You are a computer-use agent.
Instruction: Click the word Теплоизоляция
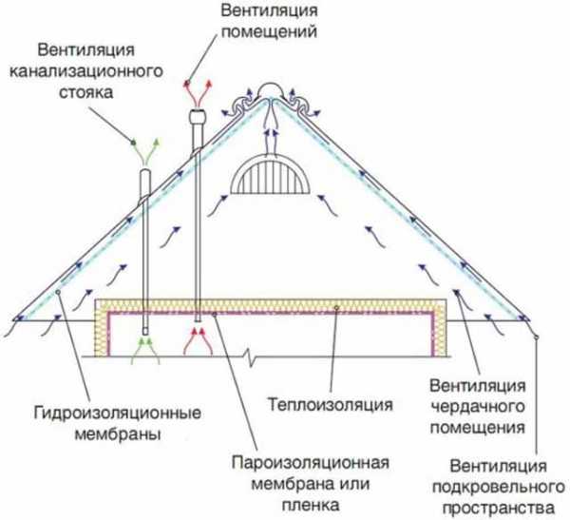click(x=330, y=405)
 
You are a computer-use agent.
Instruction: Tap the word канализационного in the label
click(x=85, y=71)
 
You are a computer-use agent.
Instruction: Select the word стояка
click(x=86, y=92)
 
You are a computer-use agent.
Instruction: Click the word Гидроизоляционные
click(x=118, y=414)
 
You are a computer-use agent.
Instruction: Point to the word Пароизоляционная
click(x=311, y=463)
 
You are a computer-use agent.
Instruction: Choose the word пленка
click(x=311, y=505)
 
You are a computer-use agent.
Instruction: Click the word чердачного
click(x=478, y=407)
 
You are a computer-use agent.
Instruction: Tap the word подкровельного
click(x=499, y=488)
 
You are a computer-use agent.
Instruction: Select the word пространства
click(x=499, y=508)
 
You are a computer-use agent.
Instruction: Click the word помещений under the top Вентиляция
click(x=270, y=31)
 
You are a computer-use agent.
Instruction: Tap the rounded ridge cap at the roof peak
click(x=270, y=90)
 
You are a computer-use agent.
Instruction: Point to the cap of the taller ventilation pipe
click(x=198, y=116)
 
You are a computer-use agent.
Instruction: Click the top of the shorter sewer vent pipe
click(x=145, y=172)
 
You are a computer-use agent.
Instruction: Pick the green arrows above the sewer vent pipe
click(x=145, y=152)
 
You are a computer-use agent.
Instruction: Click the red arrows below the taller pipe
click(x=199, y=341)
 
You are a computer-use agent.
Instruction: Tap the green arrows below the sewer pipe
click(x=145, y=351)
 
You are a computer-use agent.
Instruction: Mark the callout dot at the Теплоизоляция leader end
click(x=336, y=308)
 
